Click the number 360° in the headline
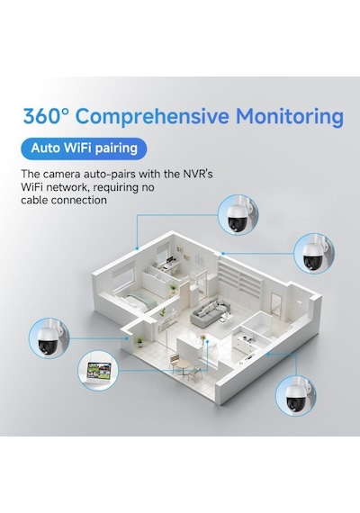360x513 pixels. click(x=46, y=116)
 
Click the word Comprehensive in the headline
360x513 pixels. click(x=153, y=116)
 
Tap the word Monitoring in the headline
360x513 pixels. click(x=290, y=116)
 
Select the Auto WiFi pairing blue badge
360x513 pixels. click(x=84, y=148)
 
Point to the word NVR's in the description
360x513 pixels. click(x=197, y=174)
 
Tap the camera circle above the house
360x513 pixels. click(x=238, y=215)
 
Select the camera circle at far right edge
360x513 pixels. click(x=314, y=254)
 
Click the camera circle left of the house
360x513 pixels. click(x=49, y=337)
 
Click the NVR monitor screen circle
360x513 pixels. click(x=98, y=371)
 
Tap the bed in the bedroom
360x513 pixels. click(x=138, y=301)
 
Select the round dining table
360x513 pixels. click(x=184, y=364)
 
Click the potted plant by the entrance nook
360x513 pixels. click(x=140, y=342)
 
